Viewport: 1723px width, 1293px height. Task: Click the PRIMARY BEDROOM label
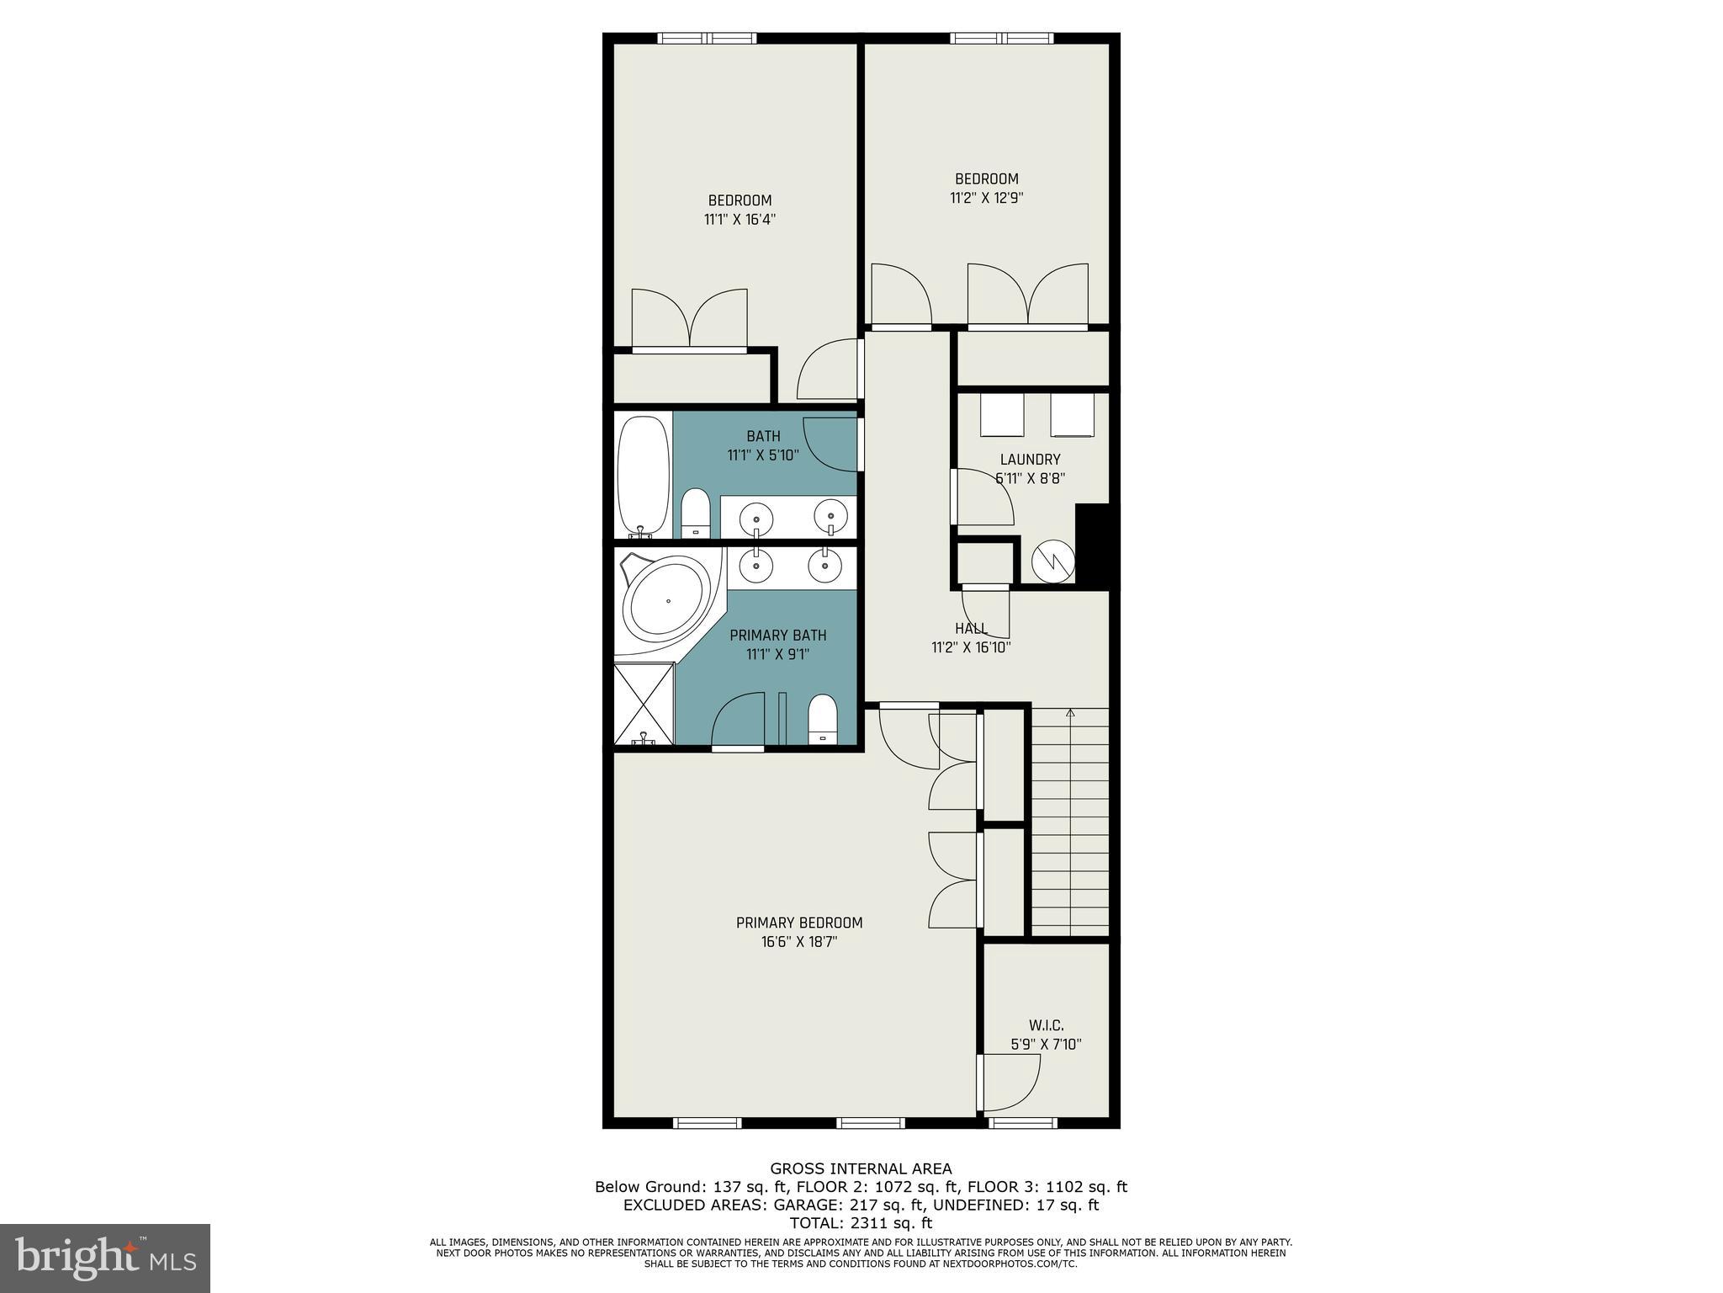pyautogui.click(x=799, y=923)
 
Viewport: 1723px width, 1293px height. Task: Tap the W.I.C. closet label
pyautogui.click(x=1046, y=1025)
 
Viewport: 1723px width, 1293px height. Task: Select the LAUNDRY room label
pyautogui.click(x=1030, y=460)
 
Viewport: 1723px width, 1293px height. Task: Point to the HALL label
pyautogui.click(x=971, y=629)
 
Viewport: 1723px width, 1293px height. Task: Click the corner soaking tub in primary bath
pyautogui.click(x=666, y=601)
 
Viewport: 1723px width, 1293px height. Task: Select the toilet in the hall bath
pyautogui.click(x=695, y=513)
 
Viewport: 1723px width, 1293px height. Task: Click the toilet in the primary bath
pyautogui.click(x=821, y=720)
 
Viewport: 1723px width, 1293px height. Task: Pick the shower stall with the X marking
pyautogui.click(x=644, y=704)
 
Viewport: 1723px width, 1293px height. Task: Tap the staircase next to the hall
pyautogui.click(x=1070, y=821)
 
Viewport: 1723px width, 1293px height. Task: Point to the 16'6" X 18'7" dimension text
pyautogui.click(x=799, y=942)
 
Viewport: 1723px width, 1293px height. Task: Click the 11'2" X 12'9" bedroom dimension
pyautogui.click(x=986, y=198)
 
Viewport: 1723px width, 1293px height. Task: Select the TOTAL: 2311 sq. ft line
pyautogui.click(x=861, y=1223)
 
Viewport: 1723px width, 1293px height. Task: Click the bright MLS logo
pyautogui.click(x=105, y=1258)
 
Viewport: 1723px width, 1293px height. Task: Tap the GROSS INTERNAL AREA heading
pyautogui.click(x=861, y=1168)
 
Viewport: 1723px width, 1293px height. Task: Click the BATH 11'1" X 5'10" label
pyautogui.click(x=763, y=445)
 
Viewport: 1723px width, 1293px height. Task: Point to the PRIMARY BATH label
pyautogui.click(x=777, y=635)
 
